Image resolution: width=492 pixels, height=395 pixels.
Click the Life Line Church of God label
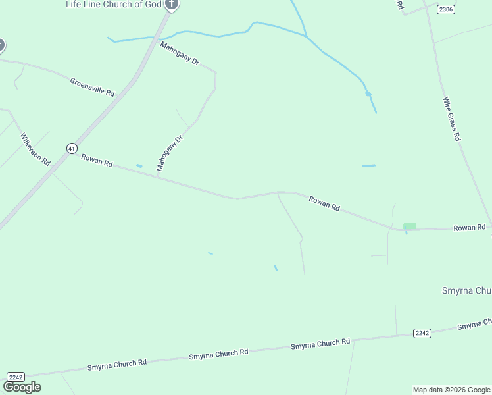(113, 5)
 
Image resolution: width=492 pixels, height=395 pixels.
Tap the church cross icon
(172, 4)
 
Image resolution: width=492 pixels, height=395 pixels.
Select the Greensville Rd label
(92, 86)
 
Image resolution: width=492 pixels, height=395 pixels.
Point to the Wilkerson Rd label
(35, 149)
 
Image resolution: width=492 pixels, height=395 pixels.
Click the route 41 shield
(72, 148)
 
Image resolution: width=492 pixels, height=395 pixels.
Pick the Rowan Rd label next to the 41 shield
(97, 159)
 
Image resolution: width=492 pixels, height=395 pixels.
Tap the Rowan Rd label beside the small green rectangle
(469, 228)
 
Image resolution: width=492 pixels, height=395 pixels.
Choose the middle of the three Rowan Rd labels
(324, 203)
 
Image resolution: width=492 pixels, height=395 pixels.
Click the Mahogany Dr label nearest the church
(180, 53)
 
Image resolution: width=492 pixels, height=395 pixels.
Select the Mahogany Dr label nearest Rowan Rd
(168, 154)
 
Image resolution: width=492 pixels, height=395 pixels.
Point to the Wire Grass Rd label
(451, 120)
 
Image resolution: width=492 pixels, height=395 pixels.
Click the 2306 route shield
(446, 9)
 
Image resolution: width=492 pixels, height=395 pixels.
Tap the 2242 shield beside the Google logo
(16, 377)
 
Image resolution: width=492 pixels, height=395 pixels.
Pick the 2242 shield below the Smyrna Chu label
(422, 333)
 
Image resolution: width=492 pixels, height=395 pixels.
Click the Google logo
(22, 387)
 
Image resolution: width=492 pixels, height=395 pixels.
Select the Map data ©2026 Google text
(451, 390)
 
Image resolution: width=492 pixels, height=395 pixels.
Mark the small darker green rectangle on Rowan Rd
(410, 226)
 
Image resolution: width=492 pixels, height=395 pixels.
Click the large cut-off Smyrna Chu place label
(465, 290)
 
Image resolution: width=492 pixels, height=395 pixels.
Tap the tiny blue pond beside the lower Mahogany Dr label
(139, 165)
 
